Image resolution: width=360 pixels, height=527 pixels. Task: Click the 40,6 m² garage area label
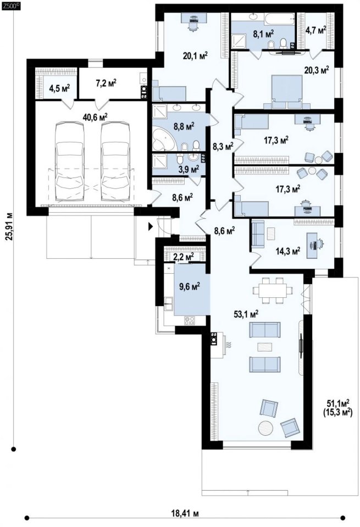coord(95,117)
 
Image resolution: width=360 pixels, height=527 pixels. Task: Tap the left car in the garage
coord(70,162)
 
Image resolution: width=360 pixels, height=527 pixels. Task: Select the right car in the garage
coord(115,162)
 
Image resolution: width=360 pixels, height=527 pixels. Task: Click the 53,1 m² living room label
coord(246,314)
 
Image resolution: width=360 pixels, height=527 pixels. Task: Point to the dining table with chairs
coord(272,290)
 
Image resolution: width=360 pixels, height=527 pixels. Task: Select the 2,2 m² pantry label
coord(184,257)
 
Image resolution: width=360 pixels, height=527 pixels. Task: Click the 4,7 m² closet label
coord(315,30)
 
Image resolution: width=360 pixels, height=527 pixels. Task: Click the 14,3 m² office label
coord(288,251)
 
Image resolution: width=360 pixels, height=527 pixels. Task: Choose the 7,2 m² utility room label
coord(106,82)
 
